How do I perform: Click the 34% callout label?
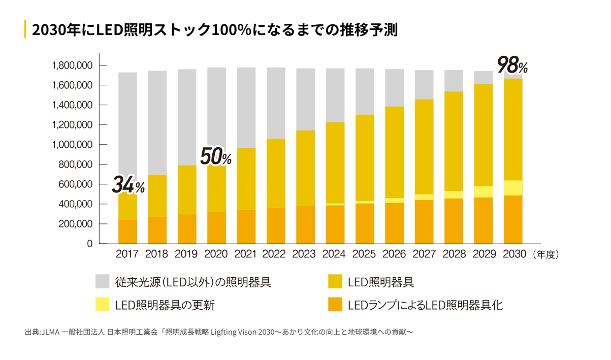tap(128, 185)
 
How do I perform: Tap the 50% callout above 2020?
tap(215, 157)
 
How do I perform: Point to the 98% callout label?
tap(512, 65)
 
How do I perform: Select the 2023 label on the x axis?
tap(305, 254)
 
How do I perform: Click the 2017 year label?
tap(127, 254)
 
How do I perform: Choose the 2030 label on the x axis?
tap(513, 254)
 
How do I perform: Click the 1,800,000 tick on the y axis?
tap(72, 66)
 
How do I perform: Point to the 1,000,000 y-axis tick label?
tap(72, 145)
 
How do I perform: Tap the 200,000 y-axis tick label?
tap(75, 224)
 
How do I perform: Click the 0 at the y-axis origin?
tap(89, 244)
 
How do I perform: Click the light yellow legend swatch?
tap(103, 305)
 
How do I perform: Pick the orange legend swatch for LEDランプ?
tap(336, 305)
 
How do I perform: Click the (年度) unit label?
tap(546, 254)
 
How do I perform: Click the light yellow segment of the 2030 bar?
tap(513, 188)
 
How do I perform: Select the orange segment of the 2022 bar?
tap(276, 225)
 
